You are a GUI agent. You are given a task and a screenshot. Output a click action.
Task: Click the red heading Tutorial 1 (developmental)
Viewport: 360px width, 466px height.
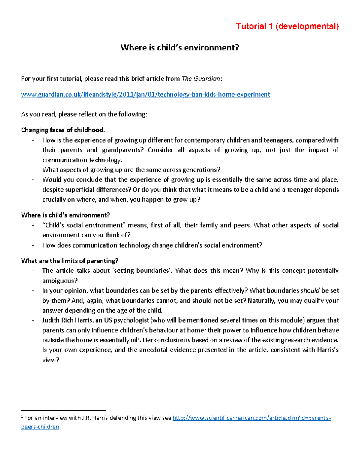[x=287, y=26]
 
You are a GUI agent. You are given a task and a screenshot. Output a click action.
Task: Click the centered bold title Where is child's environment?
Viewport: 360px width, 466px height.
[x=180, y=47]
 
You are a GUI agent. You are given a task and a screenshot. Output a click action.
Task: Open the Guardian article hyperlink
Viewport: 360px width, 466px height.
[x=145, y=95]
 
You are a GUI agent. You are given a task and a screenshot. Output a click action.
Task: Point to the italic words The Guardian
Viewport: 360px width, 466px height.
[x=201, y=79]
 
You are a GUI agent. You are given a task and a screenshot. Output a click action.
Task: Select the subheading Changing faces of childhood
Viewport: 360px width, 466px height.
[x=63, y=130]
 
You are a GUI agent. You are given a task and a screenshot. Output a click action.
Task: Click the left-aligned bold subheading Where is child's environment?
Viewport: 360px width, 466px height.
[x=65, y=215]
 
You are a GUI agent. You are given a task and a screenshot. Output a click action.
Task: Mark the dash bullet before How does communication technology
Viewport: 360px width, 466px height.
[x=33, y=245]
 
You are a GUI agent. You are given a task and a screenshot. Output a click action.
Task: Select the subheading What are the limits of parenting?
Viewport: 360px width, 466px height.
[x=70, y=261]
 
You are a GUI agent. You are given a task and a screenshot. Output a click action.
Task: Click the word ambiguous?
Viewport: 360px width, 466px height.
[x=60, y=281]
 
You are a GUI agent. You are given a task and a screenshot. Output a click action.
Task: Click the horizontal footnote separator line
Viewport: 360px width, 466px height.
[x=64, y=410]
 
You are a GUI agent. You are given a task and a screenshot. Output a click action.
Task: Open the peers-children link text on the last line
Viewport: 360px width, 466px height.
[x=40, y=427]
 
